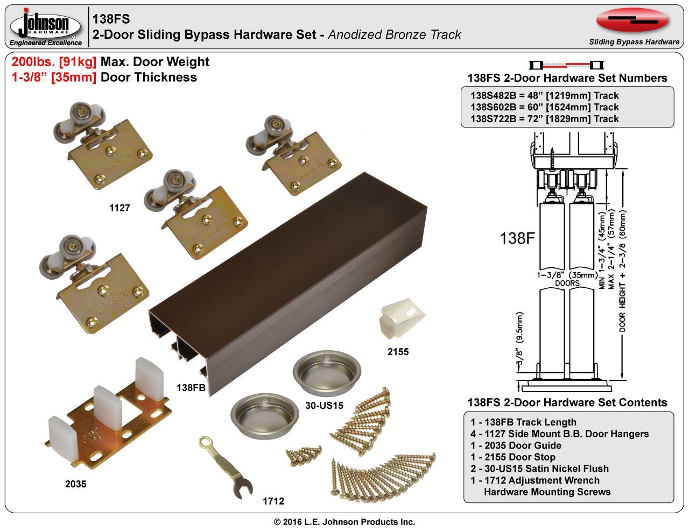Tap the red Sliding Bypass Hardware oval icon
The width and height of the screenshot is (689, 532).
[633, 20]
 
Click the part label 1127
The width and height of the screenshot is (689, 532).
[119, 208]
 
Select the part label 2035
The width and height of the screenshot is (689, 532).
[75, 484]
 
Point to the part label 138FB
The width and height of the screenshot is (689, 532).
[191, 387]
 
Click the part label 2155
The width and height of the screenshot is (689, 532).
[398, 352]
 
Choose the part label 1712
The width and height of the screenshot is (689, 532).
[273, 501]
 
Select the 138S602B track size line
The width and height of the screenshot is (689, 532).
[545, 107]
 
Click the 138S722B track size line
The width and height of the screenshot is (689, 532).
[545, 119]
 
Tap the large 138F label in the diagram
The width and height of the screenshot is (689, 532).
[517, 238]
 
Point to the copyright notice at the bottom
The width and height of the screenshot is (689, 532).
[344, 522]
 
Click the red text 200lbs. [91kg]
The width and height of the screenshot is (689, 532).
[54, 62]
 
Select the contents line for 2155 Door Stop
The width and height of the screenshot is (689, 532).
[512, 457]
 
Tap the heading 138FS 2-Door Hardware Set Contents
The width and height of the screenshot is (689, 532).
[567, 402]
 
